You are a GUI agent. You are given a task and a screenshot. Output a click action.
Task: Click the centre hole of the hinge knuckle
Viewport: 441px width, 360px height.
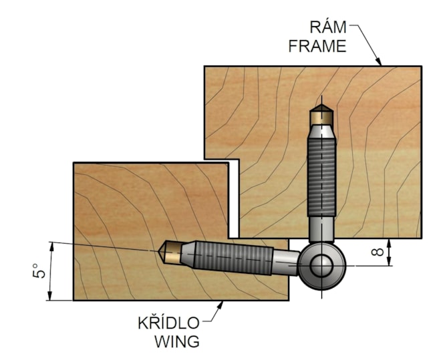[322, 266]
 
